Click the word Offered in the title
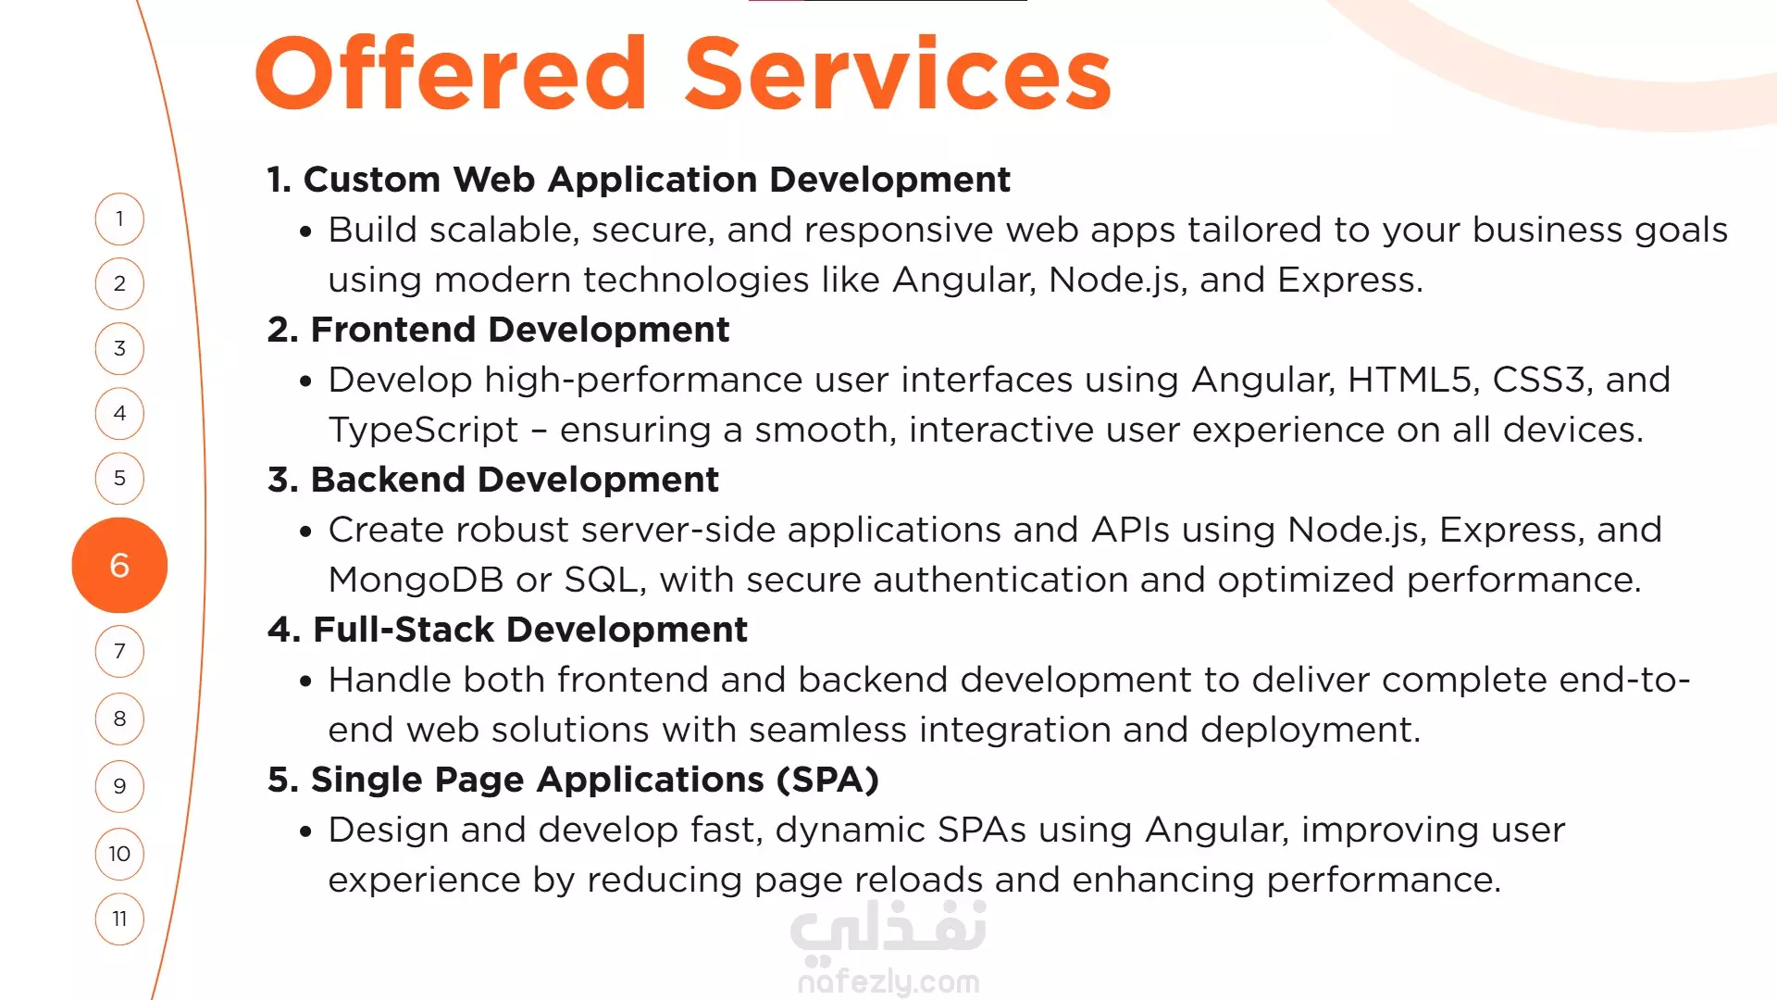click(x=451, y=72)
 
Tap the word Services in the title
click(x=898, y=72)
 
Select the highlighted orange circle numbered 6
click(x=119, y=565)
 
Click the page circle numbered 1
click(x=119, y=219)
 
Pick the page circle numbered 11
click(x=119, y=919)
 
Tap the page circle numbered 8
click(x=119, y=719)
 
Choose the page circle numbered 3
click(x=119, y=348)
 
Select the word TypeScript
click(x=423, y=431)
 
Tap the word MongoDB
click(x=416, y=580)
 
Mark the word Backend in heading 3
click(x=388, y=480)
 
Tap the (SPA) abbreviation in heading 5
click(x=827, y=781)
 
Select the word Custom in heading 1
click(x=372, y=180)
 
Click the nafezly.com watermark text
click(x=888, y=981)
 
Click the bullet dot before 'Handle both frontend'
click(x=306, y=682)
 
